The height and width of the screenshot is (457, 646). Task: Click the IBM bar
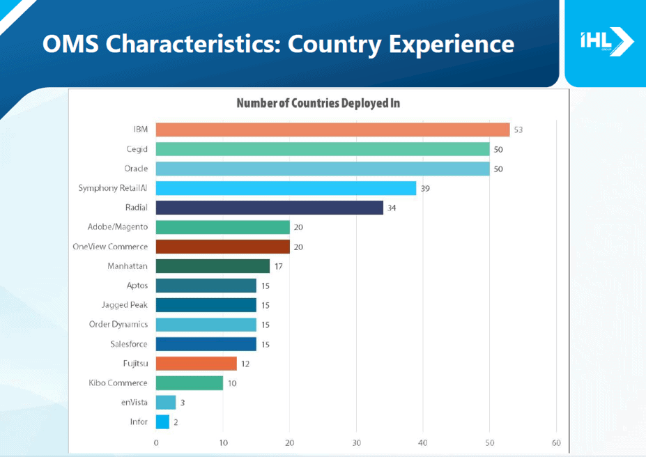(x=332, y=130)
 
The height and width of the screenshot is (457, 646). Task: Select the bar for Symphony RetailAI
(x=286, y=188)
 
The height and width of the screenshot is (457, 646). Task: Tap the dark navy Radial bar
(x=269, y=208)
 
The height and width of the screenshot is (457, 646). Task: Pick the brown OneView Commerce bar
(x=222, y=247)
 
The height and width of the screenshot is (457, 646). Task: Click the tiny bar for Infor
(x=162, y=421)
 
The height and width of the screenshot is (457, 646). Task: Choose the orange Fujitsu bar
(x=196, y=364)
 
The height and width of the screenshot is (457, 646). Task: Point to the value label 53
(x=518, y=130)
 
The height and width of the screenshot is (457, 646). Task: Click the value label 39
(x=425, y=189)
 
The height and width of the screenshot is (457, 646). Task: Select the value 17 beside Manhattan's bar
(x=278, y=266)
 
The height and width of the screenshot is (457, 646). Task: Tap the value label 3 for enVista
(x=183, y=403)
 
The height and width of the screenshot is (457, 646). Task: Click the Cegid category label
(x=137, y=149)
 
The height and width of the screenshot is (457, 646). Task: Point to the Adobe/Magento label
(x=118, y=227)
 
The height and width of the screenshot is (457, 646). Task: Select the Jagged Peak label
(x=125, y=305)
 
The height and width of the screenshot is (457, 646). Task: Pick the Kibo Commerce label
(x=118, y=382)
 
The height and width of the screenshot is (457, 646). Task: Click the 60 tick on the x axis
(x=556, y=443)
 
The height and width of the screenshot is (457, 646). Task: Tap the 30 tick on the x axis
(x=356, y=443)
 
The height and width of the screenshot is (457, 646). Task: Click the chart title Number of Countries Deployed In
(x=318, y=104)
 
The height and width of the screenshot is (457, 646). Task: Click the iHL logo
(x=606, y=42)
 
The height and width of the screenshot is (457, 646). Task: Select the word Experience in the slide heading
(x=452, y=44)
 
